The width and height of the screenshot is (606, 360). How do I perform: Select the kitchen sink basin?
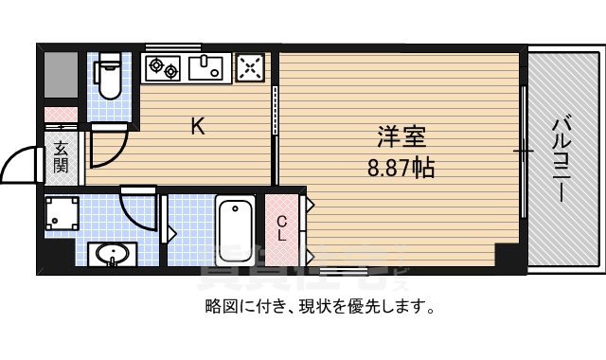[x=205, y=67]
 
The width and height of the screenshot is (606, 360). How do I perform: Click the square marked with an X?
[x=250, y=67]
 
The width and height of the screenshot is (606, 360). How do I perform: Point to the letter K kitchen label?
[x=198, y=126]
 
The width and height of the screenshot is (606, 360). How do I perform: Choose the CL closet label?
[x=282, y=227]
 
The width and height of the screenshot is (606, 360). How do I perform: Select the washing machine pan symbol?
[x=62, y=213]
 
